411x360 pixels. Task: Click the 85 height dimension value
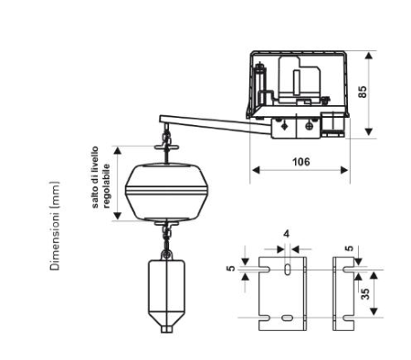(363, 91)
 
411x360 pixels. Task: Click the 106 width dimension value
(300, 162)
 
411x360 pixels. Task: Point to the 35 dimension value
(365, 293)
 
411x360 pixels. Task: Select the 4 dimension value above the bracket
(286, 234)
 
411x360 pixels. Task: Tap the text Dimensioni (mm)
(55, 226)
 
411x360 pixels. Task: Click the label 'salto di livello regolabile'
(100, 177)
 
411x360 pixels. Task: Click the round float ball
(167, 192)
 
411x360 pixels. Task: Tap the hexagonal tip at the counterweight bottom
(166, 329)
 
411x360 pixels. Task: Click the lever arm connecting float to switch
(215, 124)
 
